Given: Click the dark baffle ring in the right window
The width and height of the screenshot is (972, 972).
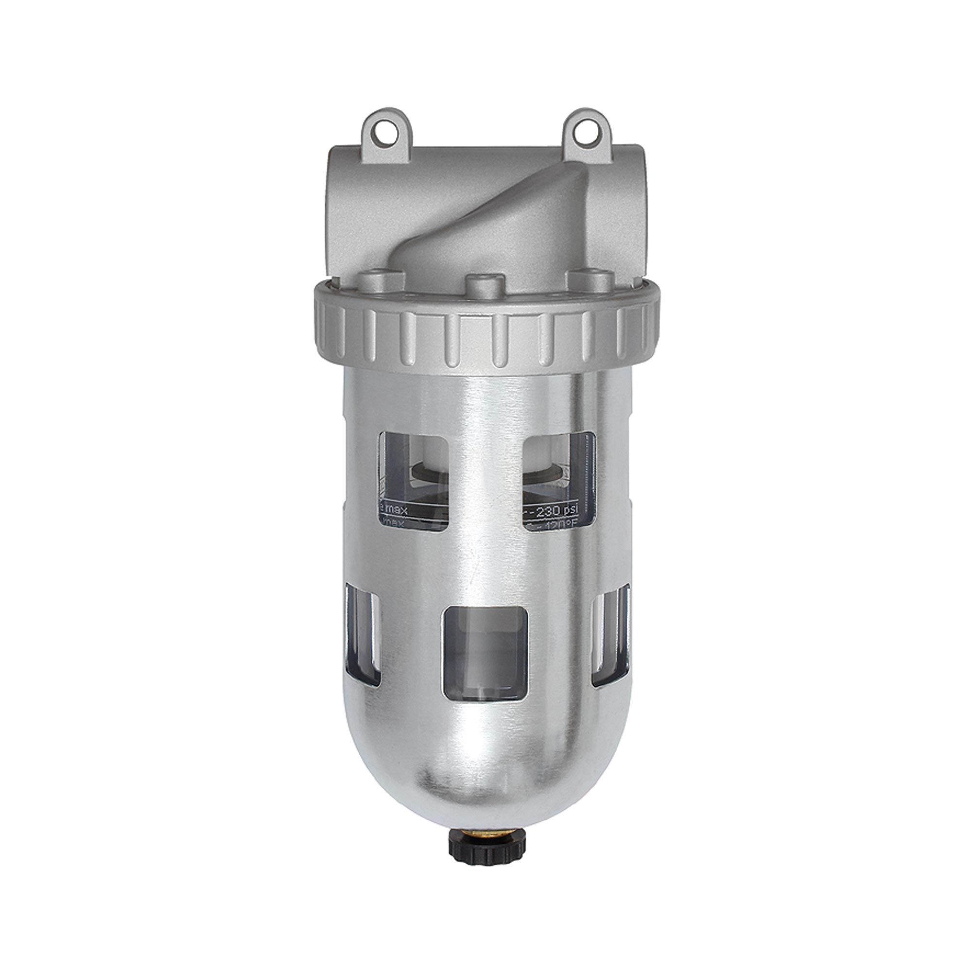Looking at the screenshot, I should [548, 474].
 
